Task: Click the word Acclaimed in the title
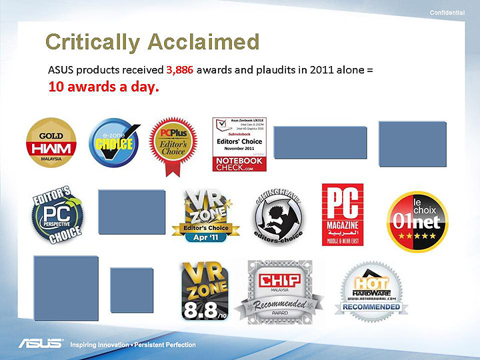(205, 42)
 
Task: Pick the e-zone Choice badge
(114, 143)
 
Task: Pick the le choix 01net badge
(417, 221)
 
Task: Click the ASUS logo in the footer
(39, 345)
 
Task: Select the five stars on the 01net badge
(417, 237)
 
